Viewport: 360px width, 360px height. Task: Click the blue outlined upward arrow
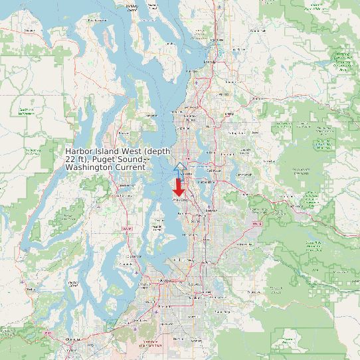[179, 167]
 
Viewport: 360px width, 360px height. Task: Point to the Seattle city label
[187, 174]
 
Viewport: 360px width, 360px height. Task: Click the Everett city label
[210, 62]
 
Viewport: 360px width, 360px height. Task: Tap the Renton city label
[212, 210]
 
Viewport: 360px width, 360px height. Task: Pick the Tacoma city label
[165, 280]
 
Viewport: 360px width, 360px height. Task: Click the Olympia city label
[71, 339]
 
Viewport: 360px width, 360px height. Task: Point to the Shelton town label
[31, 289]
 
